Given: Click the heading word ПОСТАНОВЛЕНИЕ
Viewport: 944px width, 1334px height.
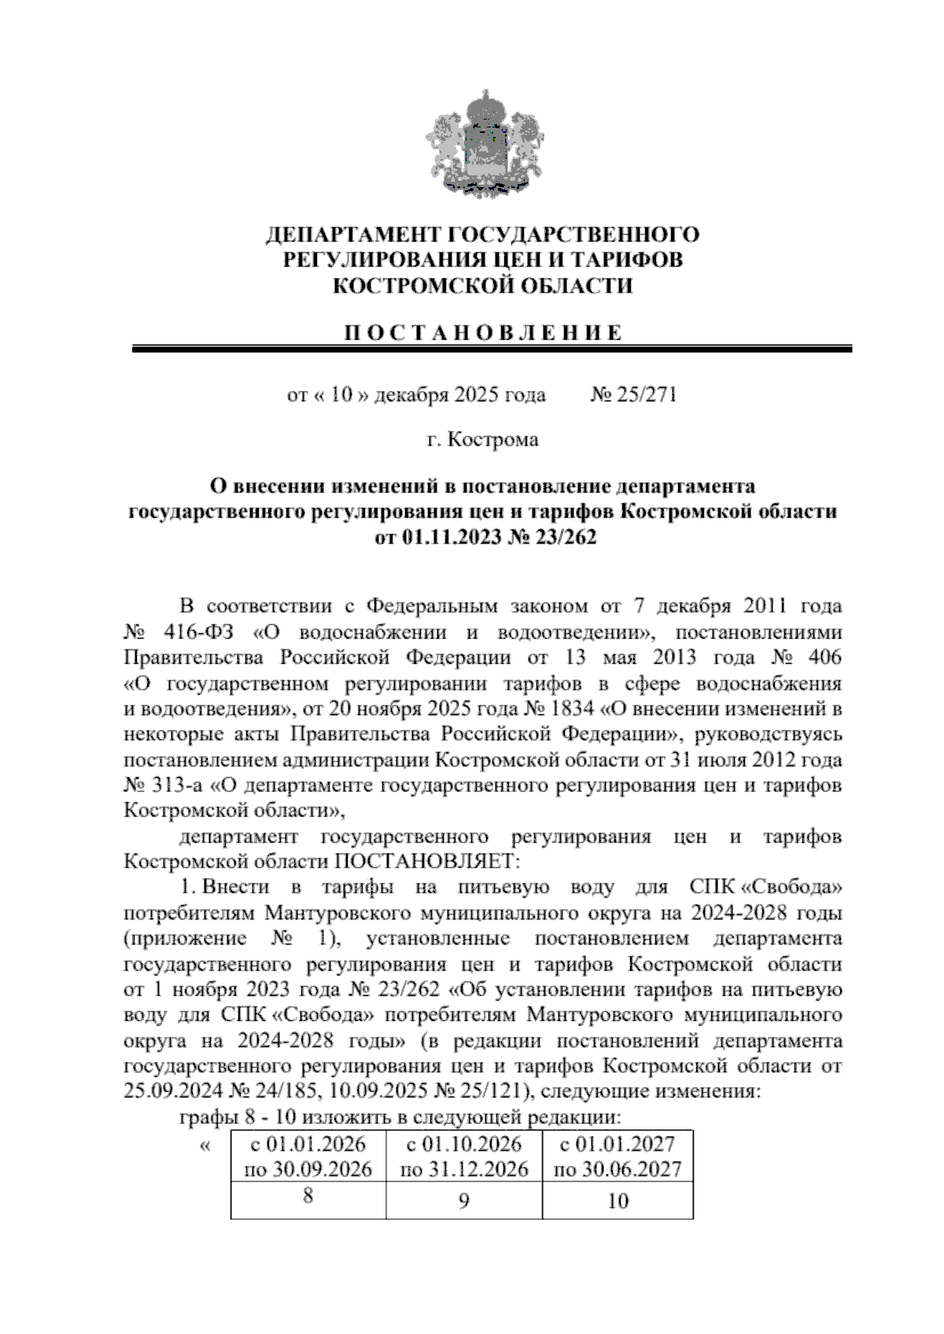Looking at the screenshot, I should point(481,332).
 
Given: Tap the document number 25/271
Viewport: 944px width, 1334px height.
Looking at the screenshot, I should point(642,395).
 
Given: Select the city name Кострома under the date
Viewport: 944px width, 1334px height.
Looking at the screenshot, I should point(493,440).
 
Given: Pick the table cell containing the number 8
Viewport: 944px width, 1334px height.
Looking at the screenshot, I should point(308,1196).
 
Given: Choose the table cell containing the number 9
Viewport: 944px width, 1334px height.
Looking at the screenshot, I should point(464,1200).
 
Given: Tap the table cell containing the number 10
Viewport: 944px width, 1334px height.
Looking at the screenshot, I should point(618,1200).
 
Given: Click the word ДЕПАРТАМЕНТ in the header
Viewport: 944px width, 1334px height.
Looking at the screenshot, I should point(354,234).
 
